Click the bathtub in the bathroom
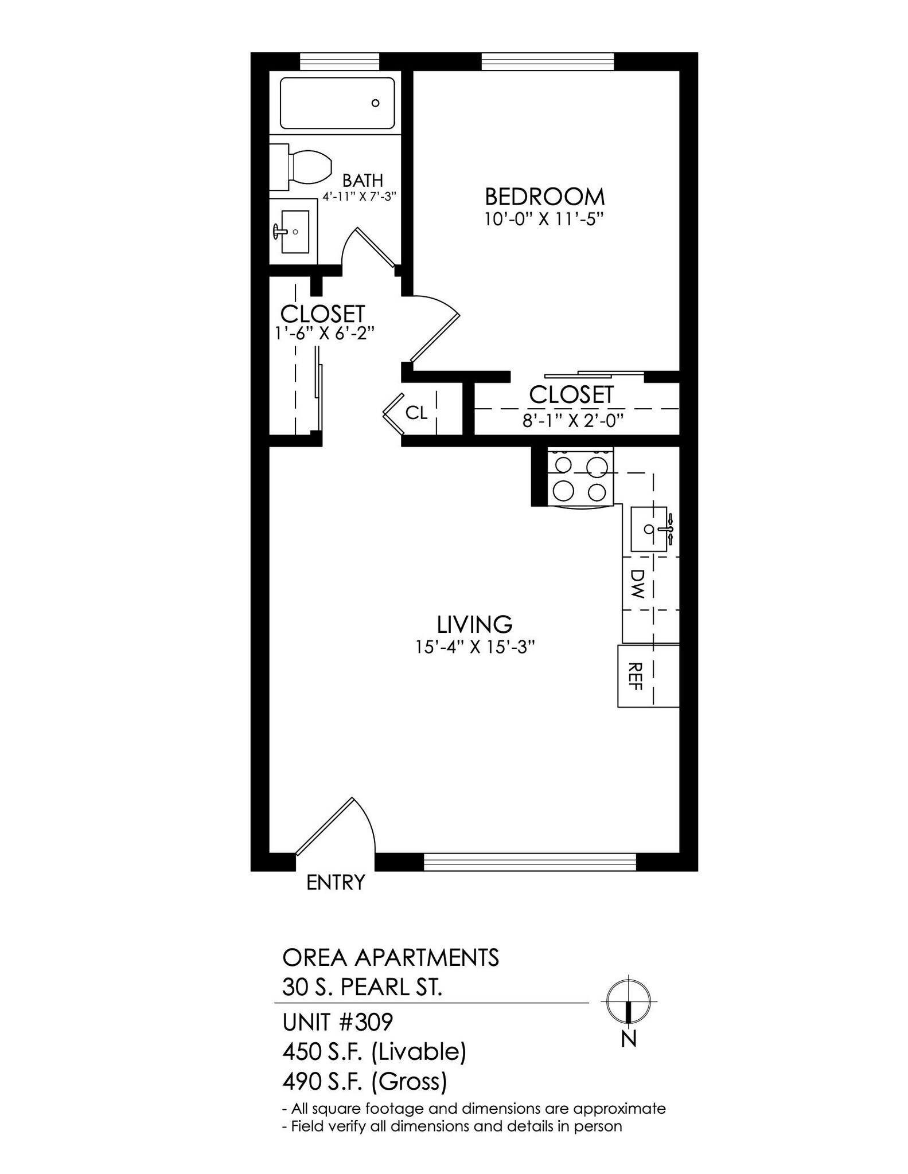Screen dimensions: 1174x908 pyautogui.click(x=337, y=103)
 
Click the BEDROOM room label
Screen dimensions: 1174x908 pyautogui.click(x=544, y=197)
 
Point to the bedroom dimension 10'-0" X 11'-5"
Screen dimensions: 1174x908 pyautogui.click(x=544, y=220)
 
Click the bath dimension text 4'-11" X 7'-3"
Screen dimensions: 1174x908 pyautogui.click(x=359, y=196)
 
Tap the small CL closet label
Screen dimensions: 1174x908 pyautogui.click(x=416, y=413)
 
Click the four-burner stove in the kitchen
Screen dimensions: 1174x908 pyautogui.click(x=580, y=477)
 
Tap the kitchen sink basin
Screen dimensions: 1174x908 pyautogui.click(x=649, y=529)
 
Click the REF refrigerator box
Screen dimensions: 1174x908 pyautogui.click(x=635, y=676)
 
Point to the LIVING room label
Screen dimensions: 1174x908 pyautogui.click(x=474, y=624)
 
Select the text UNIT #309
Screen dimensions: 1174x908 pyautogui.click(x=337, y=1022)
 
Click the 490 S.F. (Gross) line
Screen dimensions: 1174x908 pyautogui.click(x=364, y=1082)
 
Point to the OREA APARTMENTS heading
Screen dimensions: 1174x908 pyautogui.click(x=391, y=957)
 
